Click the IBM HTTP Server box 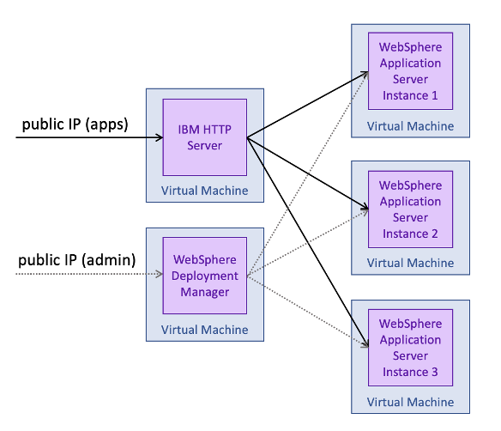click(204, 137)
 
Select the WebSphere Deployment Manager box click(204, 276)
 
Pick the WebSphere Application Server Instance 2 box click(410, 209)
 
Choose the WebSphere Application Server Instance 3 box click(410, 348)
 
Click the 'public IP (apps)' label click(75, 124)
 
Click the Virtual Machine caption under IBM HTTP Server click(204, 191)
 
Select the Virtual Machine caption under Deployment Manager click(204, 330)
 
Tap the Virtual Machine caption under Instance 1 click(410, 126)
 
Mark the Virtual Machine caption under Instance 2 click(410, 264)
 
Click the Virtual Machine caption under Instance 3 click(410, 402)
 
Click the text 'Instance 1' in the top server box click(410, 95)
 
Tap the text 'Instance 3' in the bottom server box click(410, 372)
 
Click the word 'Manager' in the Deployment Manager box click(204, 292)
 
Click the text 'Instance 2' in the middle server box click(410, 234)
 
